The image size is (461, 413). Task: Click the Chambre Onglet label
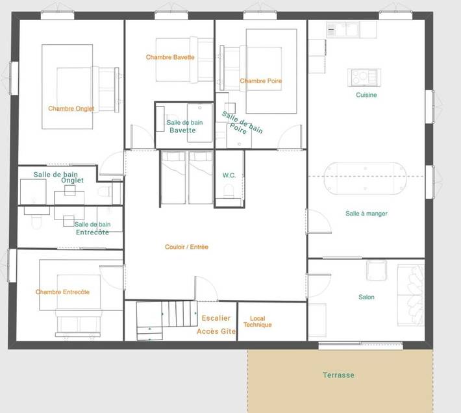coord(71,108)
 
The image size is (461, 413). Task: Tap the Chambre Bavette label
coord(170,57)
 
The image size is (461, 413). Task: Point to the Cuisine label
coord(366,95)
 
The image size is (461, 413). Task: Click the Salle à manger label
coord(366,213)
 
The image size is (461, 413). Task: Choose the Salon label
coord(366,297)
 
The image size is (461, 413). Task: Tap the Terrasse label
coord(339,375)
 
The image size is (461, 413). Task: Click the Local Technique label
coord(256,321)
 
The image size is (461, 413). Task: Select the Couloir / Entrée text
coord(186,247)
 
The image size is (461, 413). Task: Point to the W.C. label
coord(229,175)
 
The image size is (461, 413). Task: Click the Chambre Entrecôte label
coord(62,292)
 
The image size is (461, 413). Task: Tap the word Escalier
coord(216,318)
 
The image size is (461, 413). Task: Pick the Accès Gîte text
coord(216,331)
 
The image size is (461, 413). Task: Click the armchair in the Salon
coord(377,269)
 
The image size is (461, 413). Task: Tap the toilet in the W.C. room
coord(228,190)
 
